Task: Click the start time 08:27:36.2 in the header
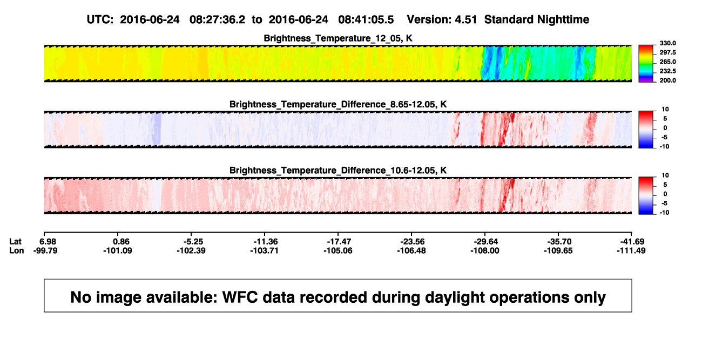(x=217, y=20)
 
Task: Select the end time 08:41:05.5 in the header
(x=366, y=20)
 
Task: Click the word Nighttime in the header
(x=563, y=20)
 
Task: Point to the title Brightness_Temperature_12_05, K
(x=338, y=38)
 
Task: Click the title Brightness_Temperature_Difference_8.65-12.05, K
(x=338, y=104)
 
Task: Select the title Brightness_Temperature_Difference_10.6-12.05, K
(x=338, y=171)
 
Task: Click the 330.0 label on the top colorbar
(x=667, y=43)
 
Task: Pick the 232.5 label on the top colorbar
(x=667, y=71)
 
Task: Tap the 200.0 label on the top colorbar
(x=667, y=80)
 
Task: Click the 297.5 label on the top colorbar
(x=667, y=53)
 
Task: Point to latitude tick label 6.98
(x=48, y=242)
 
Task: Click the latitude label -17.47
(x=339, y=242)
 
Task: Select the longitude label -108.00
(x=485, y=251)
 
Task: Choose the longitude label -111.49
(x=631, y=251)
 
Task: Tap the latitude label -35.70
(x=559, y=242)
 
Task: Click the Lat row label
(x=15, y=242)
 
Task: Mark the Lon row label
(x=17, y=251)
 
